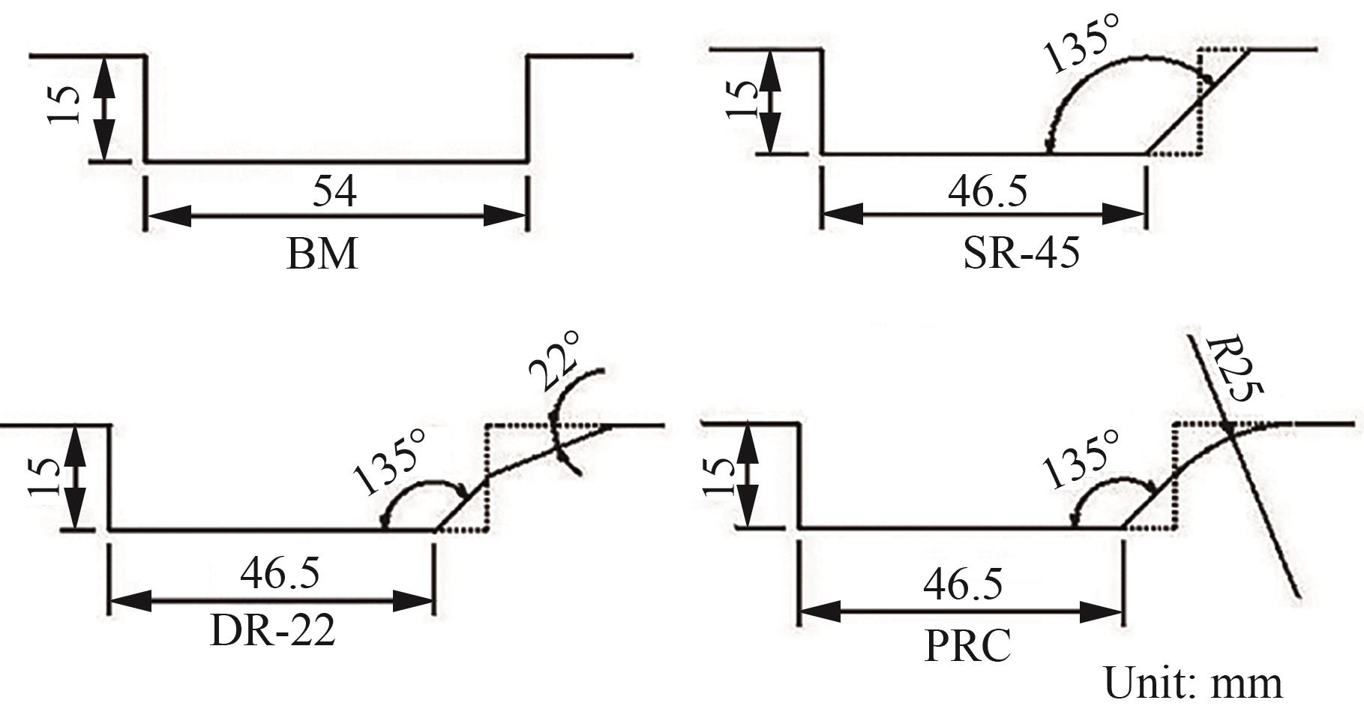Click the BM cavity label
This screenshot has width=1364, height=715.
tap(322, 254)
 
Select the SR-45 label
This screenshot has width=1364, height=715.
tap(1021, 253)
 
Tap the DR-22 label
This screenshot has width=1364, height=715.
tap(272, 631)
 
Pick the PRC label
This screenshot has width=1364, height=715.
tap(967, 645)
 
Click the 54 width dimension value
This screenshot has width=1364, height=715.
tap(334, 191)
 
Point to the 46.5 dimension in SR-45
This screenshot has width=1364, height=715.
tap(988, 191)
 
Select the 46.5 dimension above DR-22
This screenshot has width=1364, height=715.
tap(280, 572)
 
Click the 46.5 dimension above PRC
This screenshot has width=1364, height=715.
tap(963, 584)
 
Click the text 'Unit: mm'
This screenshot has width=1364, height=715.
tap(1193, 683)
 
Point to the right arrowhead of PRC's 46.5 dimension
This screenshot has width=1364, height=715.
tap(1101, 612)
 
